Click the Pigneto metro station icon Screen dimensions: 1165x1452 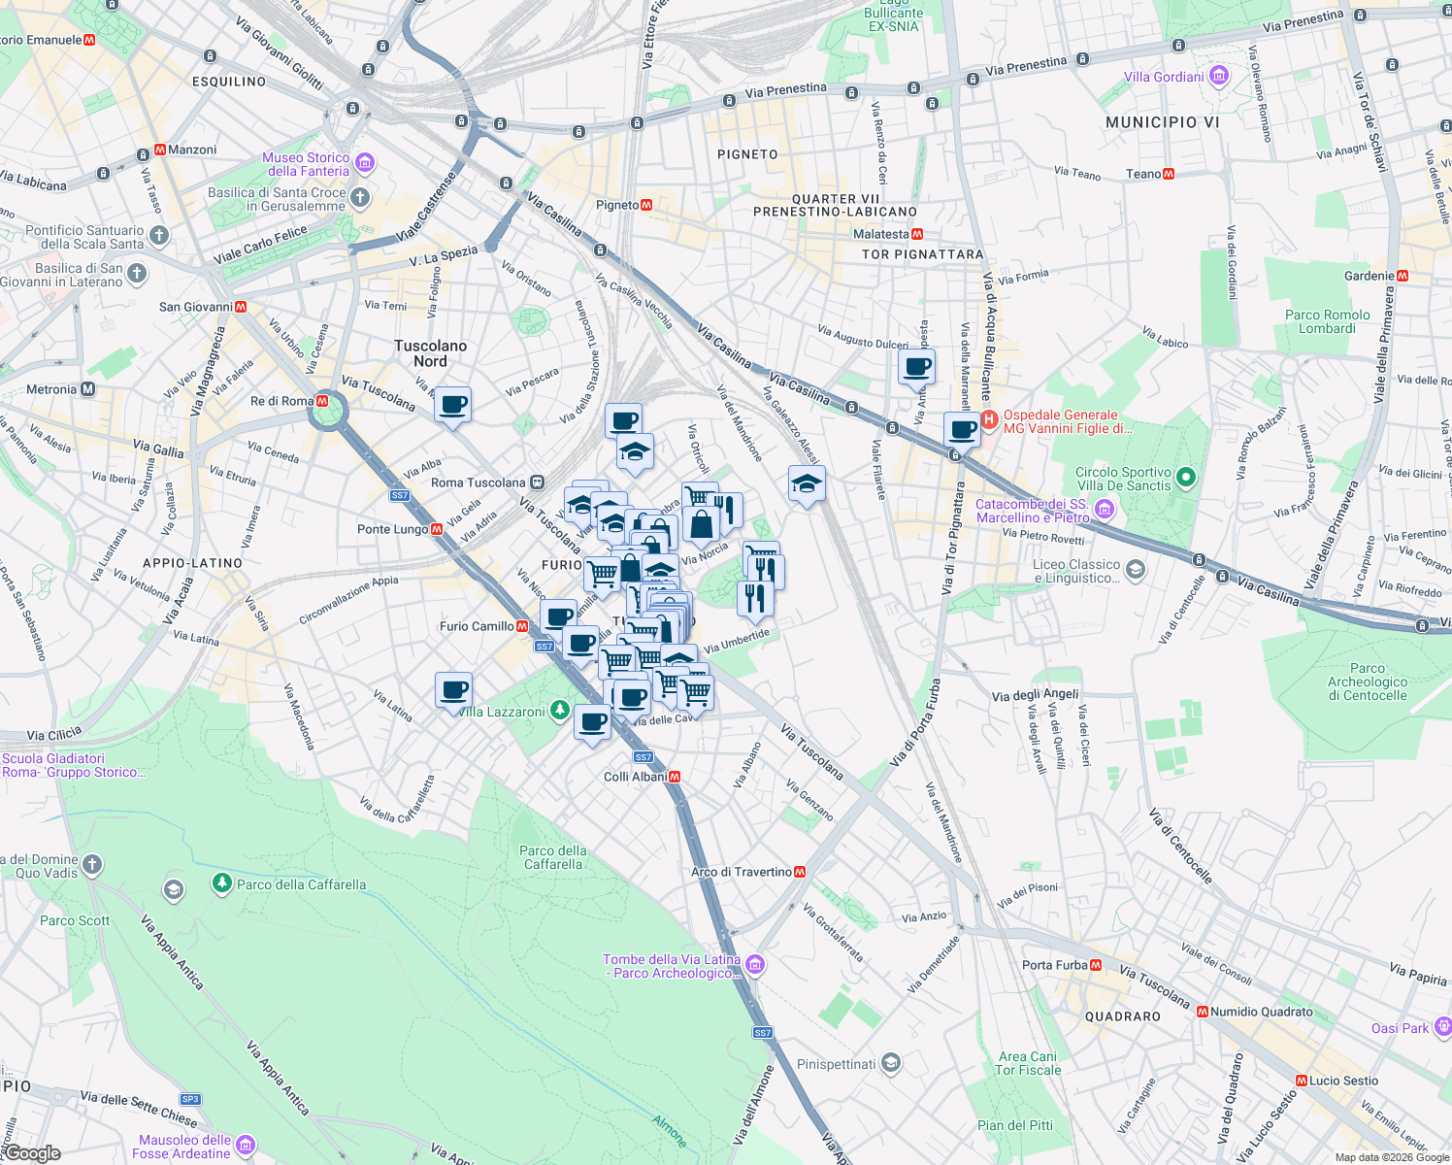point(646,205)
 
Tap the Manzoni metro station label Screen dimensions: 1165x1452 point(191,150)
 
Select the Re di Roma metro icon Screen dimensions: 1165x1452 point(322,401)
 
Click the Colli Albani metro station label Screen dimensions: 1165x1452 point(635,777)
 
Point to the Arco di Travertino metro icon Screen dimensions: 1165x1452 point(800,872)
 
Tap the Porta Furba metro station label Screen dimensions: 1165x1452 point(1054,965)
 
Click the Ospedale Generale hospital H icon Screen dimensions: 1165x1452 point(989,420)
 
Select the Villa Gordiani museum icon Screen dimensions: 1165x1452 point(1219,77)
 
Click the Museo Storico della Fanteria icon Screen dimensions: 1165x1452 point(365,163)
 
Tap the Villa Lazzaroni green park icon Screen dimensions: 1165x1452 point(559,712)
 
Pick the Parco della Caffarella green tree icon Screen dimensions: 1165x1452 point(222,884)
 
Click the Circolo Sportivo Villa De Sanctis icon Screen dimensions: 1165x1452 point(1185,478)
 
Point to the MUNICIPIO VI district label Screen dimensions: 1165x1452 point(1162,122)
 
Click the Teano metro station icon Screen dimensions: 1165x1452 point(1169,174)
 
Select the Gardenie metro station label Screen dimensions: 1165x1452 point(1369,276)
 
